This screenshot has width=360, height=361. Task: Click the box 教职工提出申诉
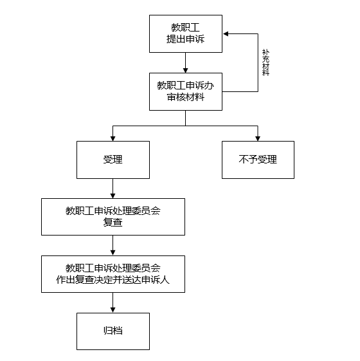(186, 34)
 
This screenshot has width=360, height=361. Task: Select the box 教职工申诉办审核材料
(186, 91)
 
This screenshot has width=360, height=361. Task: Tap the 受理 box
(113, 160)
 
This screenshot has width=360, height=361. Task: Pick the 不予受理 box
(258, 160)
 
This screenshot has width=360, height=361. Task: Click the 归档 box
(113, 331)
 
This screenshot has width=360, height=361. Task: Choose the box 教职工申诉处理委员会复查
(113, 217)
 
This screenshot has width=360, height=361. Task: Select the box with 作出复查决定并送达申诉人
(113, 274)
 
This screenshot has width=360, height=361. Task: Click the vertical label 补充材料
(265, 62)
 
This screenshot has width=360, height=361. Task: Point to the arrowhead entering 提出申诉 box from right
(226, 34)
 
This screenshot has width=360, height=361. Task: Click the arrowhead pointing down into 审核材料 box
(185, 70)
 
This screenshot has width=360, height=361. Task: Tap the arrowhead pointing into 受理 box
(113, 138)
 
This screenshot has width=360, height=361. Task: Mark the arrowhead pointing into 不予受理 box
(258, 138)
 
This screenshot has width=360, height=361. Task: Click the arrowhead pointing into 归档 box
(113, 310)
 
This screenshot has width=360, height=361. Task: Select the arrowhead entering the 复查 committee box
(113, 196)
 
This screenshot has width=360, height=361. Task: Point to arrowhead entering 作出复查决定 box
(113, 253)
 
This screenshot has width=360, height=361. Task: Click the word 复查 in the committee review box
(113, 223)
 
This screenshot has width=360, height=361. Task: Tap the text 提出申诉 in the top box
(185, 39)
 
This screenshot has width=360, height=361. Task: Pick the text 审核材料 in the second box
(185, 97)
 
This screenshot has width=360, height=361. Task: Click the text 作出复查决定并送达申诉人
(113, 280)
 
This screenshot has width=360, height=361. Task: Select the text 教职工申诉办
(185, 86)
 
